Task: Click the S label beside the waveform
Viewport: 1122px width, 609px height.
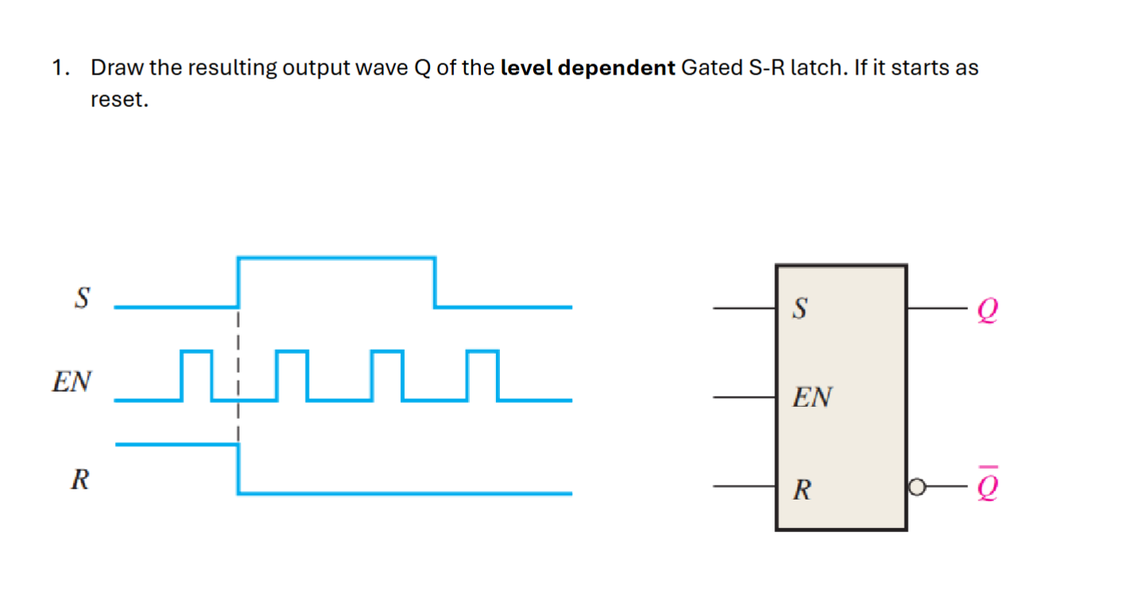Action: point(82,299)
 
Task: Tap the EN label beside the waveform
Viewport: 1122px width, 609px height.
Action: point(71,382)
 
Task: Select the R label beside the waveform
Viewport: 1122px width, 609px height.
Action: point(79,480)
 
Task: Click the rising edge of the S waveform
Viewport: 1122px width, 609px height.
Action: point(239,282)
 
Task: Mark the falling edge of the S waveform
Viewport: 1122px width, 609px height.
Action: point(435,282)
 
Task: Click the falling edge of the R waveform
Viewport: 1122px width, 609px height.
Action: point(238,469)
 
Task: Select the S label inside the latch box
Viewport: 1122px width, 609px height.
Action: point(800,309)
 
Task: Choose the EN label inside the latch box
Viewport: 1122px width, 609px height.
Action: point(811,397)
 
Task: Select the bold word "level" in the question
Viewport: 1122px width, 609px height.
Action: point(527,68)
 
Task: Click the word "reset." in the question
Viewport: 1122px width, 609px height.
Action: point(120,101)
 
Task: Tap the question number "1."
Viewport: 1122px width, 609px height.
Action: point(60,68)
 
